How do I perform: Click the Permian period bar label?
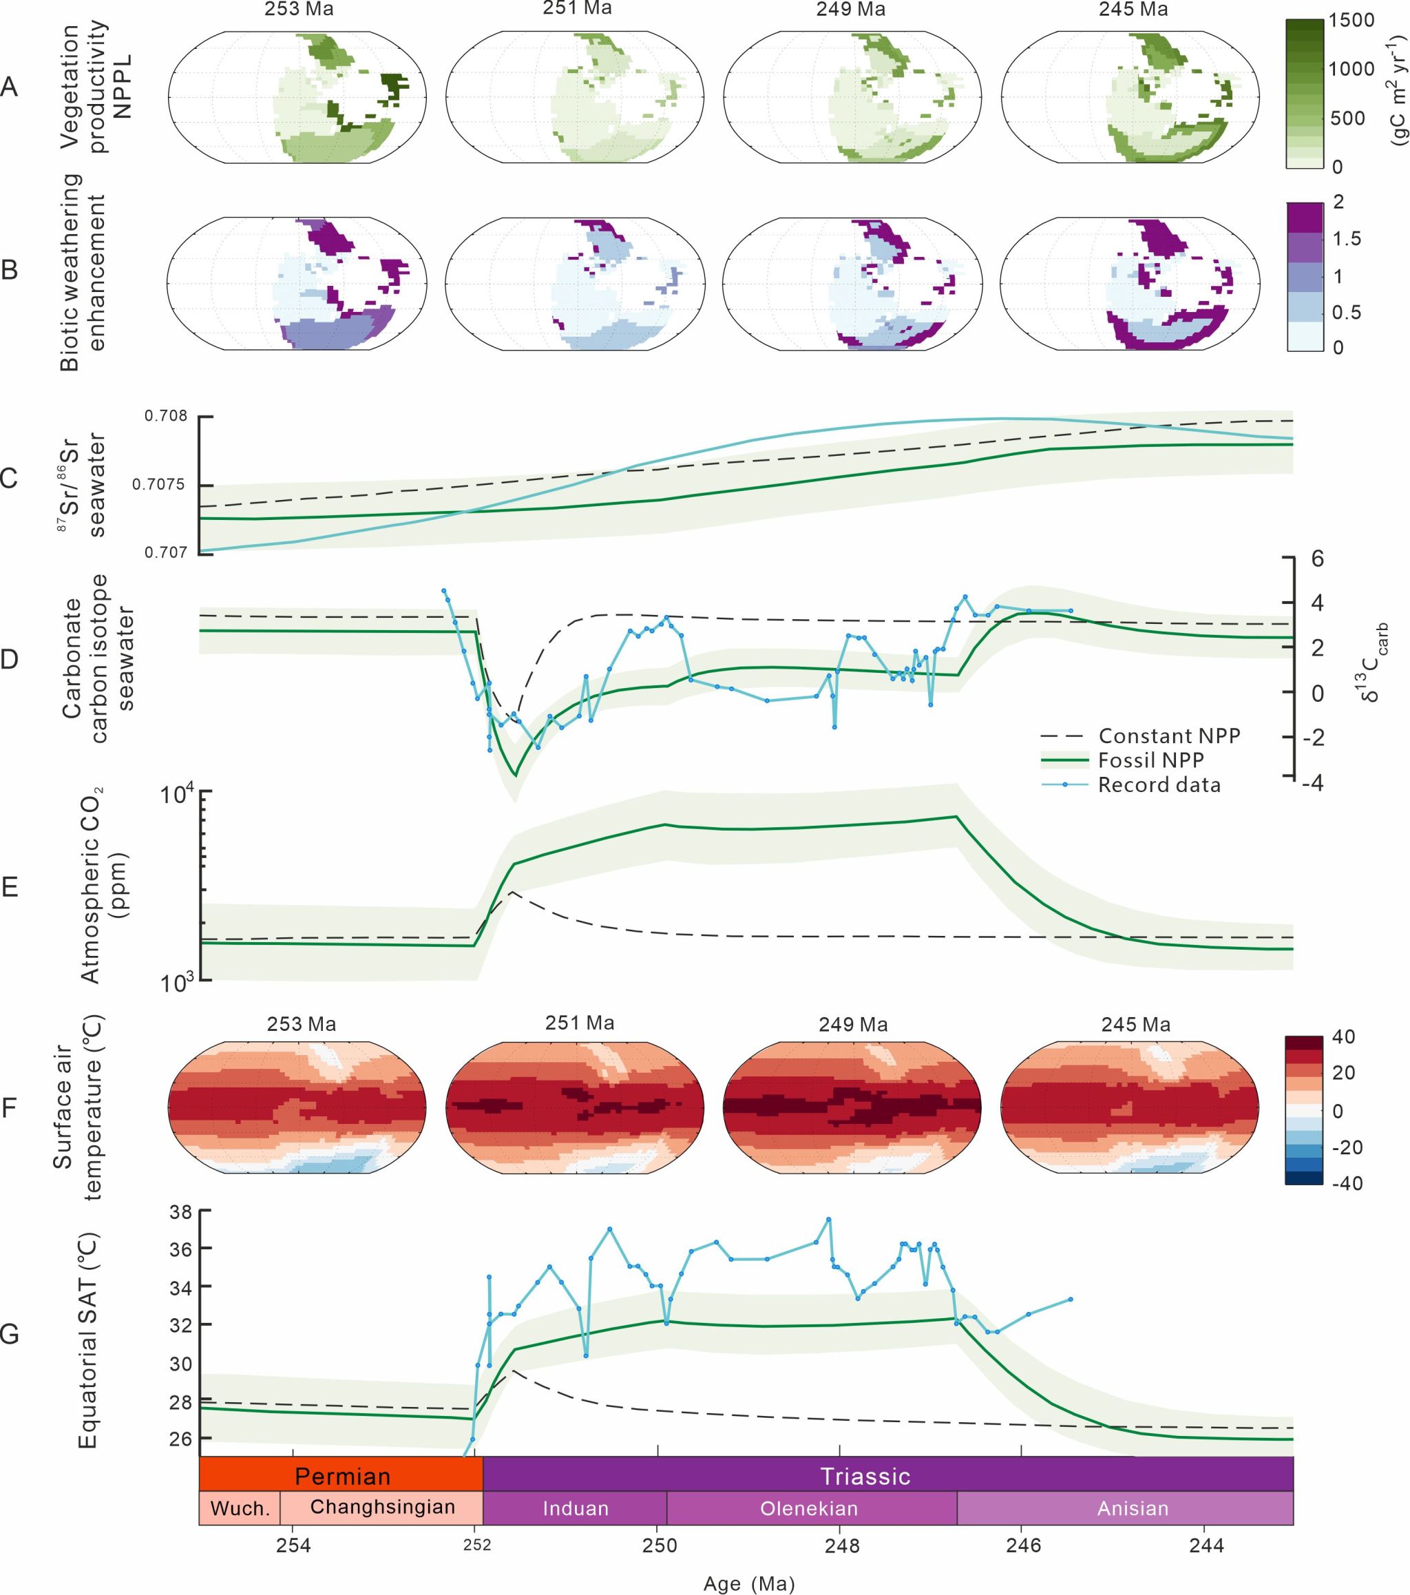tap(341, 1477)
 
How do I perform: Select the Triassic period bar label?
tap(865, 1477)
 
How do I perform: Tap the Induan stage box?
tap(575, 1508)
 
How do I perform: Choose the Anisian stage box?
tap(1133, 1508)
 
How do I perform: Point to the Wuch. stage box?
tap(240, 1508)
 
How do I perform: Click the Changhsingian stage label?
tap(382, 1507)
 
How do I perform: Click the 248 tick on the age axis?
tap(841, 1546)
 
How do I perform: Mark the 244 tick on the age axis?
tap(1206, 1546)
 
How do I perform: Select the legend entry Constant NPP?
tap(1169, 736)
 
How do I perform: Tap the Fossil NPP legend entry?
tap(1151, 760)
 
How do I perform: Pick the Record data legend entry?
tap(1159, 784)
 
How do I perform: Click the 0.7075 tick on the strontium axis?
tap(159, 485)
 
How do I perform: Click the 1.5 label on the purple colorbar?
tap(1347, 239)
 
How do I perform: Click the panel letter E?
tap(10, 888)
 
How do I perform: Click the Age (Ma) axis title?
tap(748, 1583)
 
